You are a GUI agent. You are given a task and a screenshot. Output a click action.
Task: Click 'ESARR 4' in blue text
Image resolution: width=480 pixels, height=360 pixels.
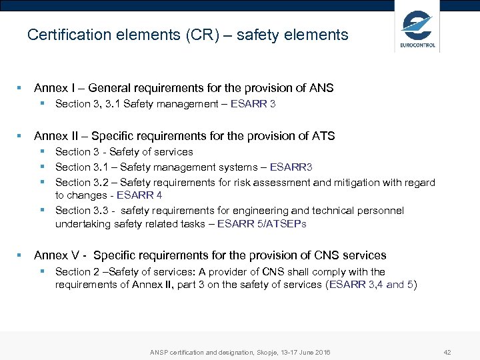pos(139,195)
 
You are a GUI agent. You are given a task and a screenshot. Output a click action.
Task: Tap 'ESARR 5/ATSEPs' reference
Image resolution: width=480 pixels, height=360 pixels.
pos(262,223)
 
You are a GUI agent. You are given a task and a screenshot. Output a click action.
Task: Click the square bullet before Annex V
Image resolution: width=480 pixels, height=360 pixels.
pos(20,255)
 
